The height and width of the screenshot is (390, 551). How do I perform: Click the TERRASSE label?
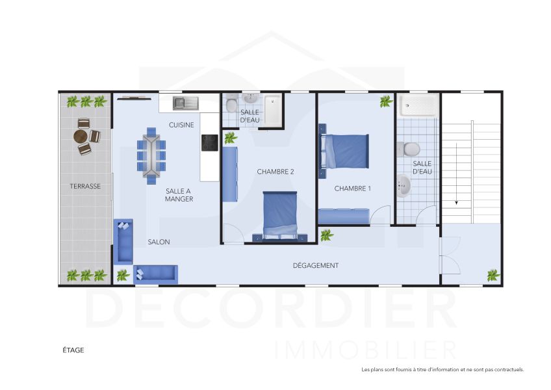pos(85,186)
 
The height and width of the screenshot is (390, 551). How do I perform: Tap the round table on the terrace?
pos(81,136)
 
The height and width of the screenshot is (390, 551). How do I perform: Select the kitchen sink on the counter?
pos(187,103)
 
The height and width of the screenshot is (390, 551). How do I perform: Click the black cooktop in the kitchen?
pos(209,142)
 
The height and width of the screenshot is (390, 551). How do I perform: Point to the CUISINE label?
pos(181,125)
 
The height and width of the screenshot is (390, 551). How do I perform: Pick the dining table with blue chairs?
pos(151,154)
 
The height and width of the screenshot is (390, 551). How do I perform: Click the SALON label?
pos(159,242)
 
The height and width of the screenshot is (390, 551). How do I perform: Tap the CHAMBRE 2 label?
pos(275,172)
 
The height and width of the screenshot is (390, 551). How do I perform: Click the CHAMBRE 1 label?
pos(352,188)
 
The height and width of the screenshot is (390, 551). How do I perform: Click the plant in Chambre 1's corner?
pos(385,101)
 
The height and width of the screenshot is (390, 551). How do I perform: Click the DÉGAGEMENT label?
pos(316,265)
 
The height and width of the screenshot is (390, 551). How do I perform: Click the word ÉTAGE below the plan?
pos(73,350)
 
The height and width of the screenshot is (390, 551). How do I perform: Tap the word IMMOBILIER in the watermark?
pos(366,349)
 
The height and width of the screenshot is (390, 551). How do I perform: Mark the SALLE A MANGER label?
pos(179,194)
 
